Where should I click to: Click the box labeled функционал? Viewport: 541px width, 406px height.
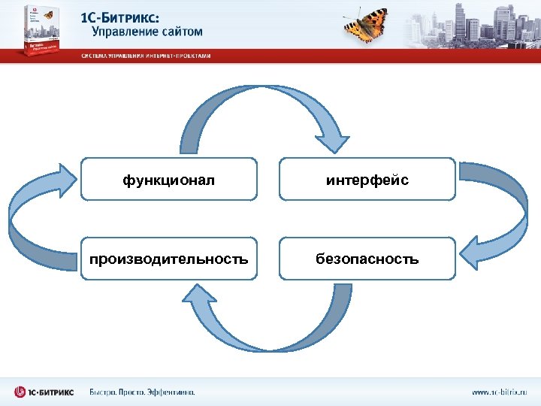tap(168, 179)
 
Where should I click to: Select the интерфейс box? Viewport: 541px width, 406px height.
tap(367, 179)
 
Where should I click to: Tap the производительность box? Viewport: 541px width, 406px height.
tap(168, 259)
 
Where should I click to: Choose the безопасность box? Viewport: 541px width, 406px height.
tap(367, 259)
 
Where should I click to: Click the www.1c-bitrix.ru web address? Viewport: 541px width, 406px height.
tap(500, 392)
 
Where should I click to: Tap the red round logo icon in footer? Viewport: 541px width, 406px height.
tap(20, 392)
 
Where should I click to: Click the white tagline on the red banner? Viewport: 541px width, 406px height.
tap(146, 56)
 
